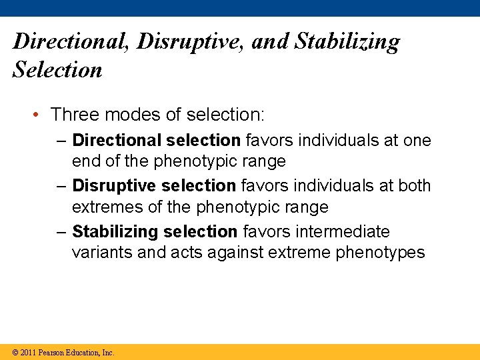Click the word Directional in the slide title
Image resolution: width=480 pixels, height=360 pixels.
pos(71,41)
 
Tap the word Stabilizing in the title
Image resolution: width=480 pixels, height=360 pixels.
pos(347,41)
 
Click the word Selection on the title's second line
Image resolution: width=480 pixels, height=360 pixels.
pos(57,69)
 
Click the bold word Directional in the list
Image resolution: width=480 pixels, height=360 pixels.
pos(117,141)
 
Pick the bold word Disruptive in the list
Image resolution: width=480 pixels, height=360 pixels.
pos(116,185)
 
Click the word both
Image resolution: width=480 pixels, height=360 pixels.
pos(414,185)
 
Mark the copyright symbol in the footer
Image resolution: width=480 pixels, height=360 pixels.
pos(15,352)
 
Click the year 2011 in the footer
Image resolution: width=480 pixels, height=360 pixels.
pos(29,352)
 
